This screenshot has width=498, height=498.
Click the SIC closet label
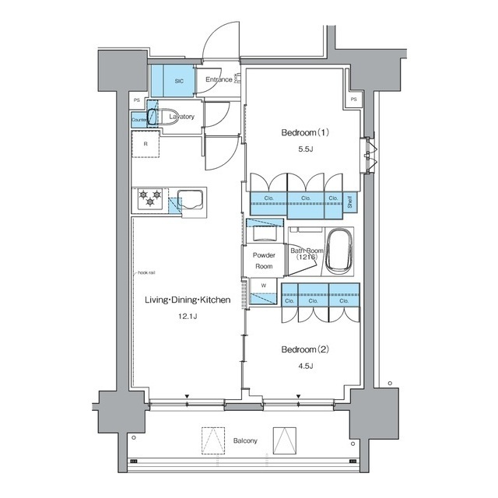(x=178, y=80)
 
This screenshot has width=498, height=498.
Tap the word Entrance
(x=219, y=79)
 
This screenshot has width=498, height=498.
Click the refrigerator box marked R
(x=145, y=144)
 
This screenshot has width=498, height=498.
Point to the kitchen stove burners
(x=150, y=199)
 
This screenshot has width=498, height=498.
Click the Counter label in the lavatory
(x=139, y=121)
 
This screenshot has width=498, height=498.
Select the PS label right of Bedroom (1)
(x=354, y=100)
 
